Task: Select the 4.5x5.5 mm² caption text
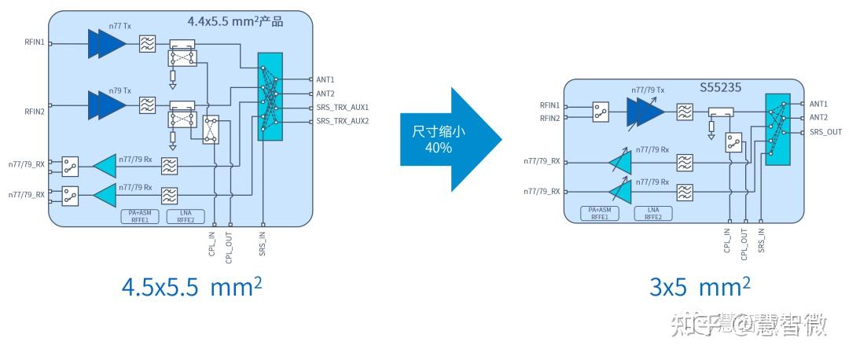click(192, 287)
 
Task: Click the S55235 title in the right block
click(721, 89)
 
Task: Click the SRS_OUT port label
click(825, 132)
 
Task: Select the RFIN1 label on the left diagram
click(35, 44)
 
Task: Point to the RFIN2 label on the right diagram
click(549, 119)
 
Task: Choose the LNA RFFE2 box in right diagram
click(652, 212)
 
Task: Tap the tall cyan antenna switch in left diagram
click(270, 97)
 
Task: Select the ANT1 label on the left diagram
click(325, 79)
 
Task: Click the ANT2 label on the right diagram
click(818, 118)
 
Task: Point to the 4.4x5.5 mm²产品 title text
click(234, 22)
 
